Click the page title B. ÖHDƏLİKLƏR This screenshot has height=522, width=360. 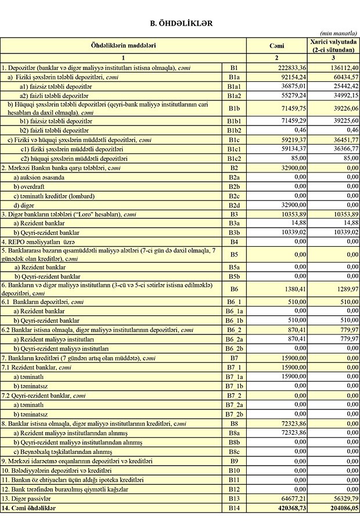(x=181, y=23)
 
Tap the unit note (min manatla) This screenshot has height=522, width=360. (x=340, y=34)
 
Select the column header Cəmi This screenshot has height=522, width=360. (x=276, y=45)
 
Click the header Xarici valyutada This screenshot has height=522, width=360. (x=333, y=42)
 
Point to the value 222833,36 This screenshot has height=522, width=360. (x=290, y=67)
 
